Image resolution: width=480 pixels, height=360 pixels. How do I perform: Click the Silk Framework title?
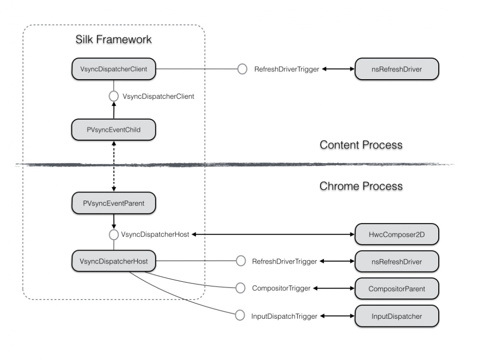(x=113, y=39)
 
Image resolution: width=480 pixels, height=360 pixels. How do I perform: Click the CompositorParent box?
(x=396, y=288)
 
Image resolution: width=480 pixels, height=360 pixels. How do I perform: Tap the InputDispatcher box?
(x=396, y=316)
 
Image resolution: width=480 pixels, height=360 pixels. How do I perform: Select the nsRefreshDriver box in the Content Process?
(x=396, y=70)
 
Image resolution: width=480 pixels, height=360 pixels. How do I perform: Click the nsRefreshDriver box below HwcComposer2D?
(x=396, y=262)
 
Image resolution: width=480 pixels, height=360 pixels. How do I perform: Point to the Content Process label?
(x=361, y=145)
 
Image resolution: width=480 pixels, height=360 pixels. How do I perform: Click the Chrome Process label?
(x=361, y=185)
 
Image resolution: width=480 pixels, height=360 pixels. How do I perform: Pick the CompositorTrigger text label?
(x=281, y=288)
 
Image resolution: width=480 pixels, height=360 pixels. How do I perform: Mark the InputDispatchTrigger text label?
(x=284, y=316)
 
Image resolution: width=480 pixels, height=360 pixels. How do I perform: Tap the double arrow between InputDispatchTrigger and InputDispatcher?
(x=336, y=316)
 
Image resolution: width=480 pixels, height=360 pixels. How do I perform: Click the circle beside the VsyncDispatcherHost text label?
(x=114, y=235)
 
